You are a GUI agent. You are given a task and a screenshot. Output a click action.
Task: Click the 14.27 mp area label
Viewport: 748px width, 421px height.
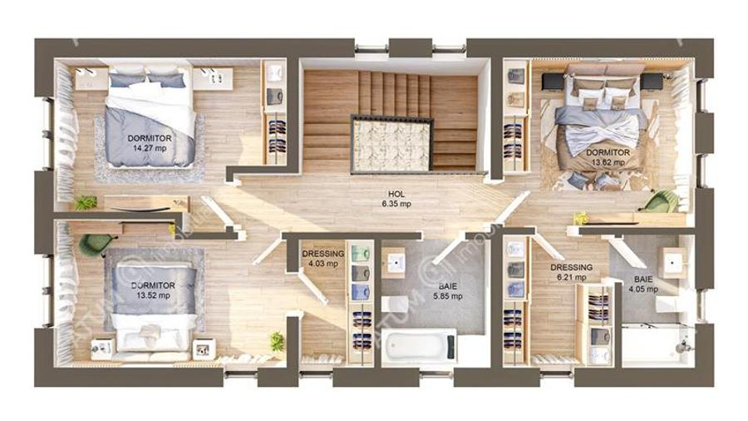[150, 148]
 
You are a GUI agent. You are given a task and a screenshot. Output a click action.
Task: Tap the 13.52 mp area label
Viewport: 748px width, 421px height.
[154, 295]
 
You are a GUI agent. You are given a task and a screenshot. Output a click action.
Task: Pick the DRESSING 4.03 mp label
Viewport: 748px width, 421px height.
[322, 259]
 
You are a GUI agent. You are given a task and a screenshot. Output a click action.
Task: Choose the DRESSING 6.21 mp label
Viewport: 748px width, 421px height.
[571, 272]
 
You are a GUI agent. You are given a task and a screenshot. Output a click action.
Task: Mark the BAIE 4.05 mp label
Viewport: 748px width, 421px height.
[643, 285]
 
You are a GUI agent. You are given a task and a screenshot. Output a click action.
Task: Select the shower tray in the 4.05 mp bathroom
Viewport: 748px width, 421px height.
[657, 343]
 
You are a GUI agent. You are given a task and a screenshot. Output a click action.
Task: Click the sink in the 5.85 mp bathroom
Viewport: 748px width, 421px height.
[396, 263]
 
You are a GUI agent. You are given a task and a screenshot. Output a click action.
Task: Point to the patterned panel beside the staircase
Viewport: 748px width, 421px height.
[392, 143]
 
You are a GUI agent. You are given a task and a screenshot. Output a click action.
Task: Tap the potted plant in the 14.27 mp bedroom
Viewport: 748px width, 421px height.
[86, 202]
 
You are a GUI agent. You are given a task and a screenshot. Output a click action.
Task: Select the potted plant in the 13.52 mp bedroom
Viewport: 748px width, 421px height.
[276, 341]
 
